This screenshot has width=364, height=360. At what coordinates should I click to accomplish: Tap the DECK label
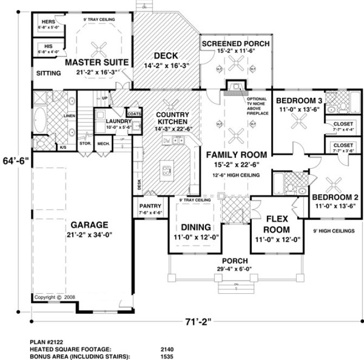tap(163, 55)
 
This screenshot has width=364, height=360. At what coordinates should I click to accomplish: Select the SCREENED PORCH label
tap(235, 43)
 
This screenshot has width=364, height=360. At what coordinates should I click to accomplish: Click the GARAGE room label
tap(88, 224)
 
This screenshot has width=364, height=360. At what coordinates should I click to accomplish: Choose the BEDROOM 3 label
tap(300, 100)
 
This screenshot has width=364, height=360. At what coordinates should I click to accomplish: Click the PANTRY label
tap(148, 206)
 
